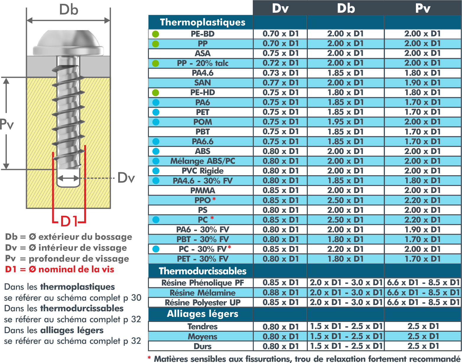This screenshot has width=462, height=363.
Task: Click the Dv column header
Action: pyautogui.click(x=280, y=9)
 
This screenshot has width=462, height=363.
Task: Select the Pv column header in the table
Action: pyautogui.click(x=423, y=9)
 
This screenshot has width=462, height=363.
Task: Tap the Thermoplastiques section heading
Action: pyautogui.click(x=202, y=22)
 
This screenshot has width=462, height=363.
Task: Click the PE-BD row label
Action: pyautogui.click(x=202, y=34)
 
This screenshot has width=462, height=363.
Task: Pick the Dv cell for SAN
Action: pyautogui.click(x=281, y=82)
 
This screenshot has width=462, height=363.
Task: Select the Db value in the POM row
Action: pyautogui.click(x=345, y=122)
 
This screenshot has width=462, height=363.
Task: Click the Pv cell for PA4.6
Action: pyautogui.click(x=422, y=73)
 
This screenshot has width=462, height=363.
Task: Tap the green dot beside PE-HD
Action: pyautogui.click(x=156, y=93)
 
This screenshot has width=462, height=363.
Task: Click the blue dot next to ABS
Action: pyautogui.click(x=156, y=151)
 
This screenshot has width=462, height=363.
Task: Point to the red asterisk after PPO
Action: pyautogui.click(x=214, y=199)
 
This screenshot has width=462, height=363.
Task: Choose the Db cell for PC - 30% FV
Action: pyautogui.click(x=345, y=249)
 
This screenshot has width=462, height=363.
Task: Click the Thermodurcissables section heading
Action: pyautogui.click(x=202, y=271)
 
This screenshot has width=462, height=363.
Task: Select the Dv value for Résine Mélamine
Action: pyautogui.click(x=281, y=293)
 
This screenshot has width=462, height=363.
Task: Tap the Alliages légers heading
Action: pyautogui.click(x=202, y=314)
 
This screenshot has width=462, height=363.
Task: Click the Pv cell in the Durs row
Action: pyautogui.click(x=423, y=346)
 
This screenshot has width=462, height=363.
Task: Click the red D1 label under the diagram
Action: pyautogui.click(x=69, y=221)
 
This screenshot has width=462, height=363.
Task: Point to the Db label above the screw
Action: pyautogui.click(x=69, y=10)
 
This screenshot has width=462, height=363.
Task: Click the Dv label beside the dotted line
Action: pyautogui.click(x=126, y=178)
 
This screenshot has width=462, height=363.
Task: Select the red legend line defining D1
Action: pyautogui.click(x=60, y=269)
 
